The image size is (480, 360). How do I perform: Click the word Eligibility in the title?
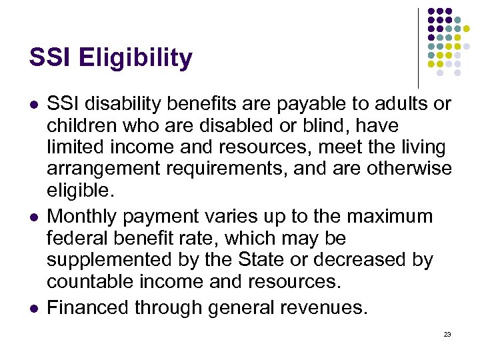pos(135,59)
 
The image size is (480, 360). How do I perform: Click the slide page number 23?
pos(447,334)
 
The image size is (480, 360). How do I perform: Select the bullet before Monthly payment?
pos(33,217)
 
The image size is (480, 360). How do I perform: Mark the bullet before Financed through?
pos(33,307)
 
